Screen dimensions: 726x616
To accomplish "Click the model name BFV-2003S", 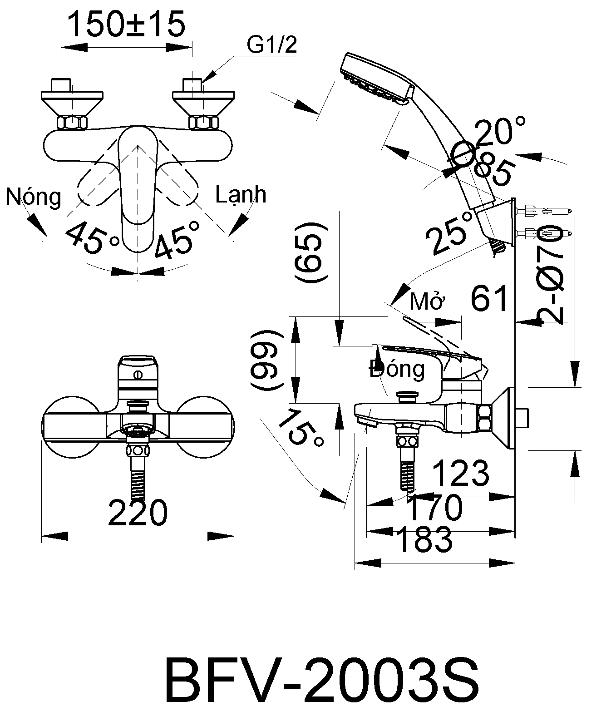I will coord(321,682).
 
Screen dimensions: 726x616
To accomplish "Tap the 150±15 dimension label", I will coord(126,25).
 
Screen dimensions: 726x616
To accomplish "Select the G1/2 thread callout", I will coord(271,45).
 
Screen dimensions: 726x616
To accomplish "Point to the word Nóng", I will coord(34,197).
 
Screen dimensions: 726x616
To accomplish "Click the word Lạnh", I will coord(241,195).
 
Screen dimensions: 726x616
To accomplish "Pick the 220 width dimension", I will coord(138,513).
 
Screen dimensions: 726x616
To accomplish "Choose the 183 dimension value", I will coord(424,539).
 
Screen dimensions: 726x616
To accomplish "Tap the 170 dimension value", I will coord(434,508).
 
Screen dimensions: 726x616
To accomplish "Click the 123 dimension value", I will coord(460,473).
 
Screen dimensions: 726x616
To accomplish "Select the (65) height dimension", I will coord(311,252).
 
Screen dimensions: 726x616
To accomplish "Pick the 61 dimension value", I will coord(489,299).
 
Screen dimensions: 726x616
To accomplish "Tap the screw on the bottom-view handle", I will coord(138,375).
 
